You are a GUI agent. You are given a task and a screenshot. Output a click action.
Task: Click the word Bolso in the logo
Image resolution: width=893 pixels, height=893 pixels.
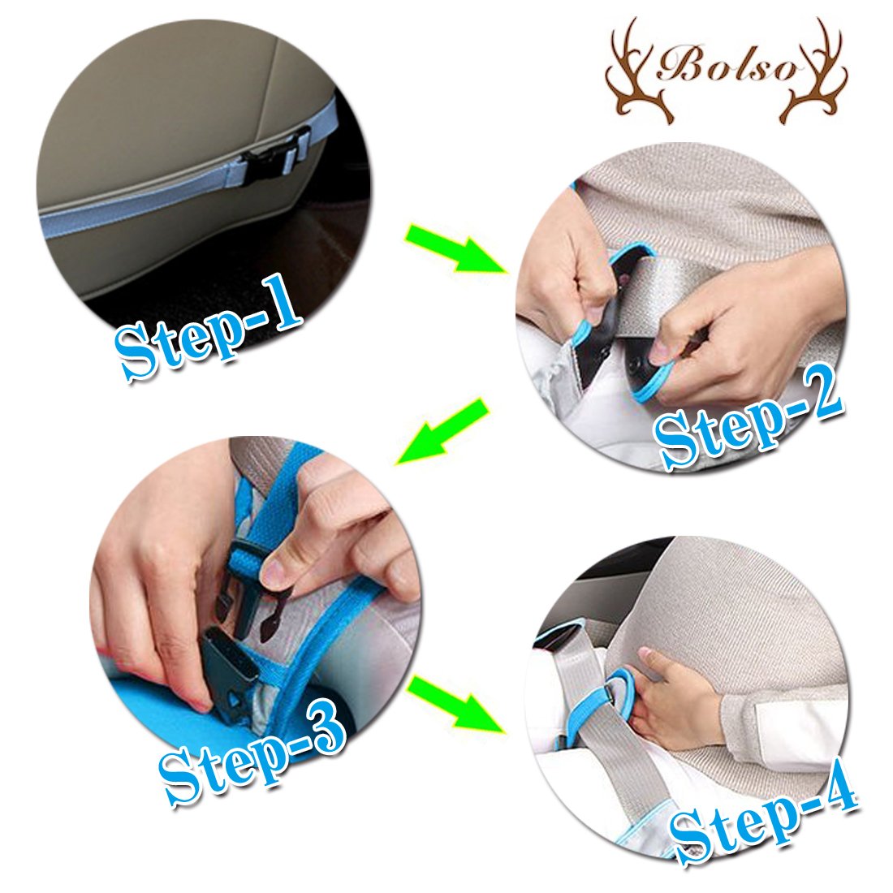coord(727,67)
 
